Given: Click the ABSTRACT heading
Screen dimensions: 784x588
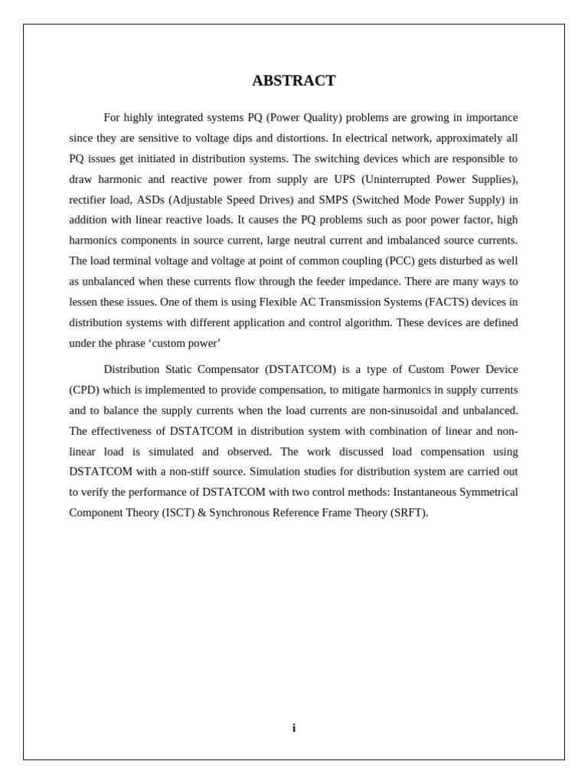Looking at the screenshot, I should (x=294, y=81).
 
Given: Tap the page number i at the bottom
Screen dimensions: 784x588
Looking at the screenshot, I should (x=294, y=728).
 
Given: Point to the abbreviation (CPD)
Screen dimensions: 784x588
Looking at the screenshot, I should (x=84, y=390).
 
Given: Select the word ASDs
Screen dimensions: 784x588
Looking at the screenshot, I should (x=150, y=200).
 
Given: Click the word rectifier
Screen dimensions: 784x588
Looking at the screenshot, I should (x=89, y=200).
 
